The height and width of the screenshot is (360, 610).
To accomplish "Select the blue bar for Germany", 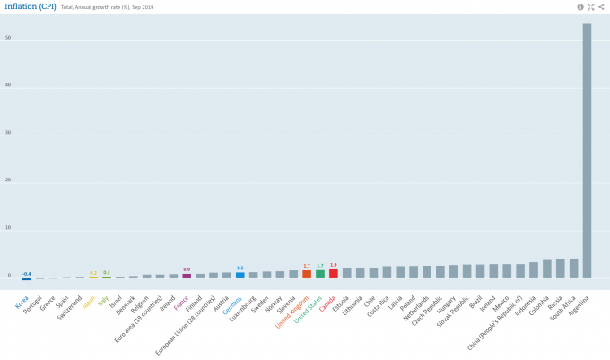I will [240, 276].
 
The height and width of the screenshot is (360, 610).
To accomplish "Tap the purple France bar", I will [187, 277].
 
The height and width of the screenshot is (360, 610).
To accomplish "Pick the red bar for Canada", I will [334, 274].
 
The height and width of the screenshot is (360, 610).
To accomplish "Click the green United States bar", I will [320, 274].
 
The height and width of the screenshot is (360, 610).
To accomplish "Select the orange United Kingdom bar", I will [307, 274].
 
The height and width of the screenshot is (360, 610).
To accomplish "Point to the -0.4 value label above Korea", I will [27, 273].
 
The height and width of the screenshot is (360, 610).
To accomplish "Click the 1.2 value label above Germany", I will [240, 268].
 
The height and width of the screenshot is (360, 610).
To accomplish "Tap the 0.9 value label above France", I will [187, 269].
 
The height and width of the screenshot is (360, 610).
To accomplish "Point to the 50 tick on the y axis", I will [8, 39].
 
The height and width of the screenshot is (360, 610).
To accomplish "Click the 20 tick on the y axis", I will [8, 180].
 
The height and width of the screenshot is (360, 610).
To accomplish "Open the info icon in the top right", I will [580, 7].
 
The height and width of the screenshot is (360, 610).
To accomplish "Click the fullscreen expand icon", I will [591, 7].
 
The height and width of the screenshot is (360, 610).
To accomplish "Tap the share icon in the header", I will [601, 7].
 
